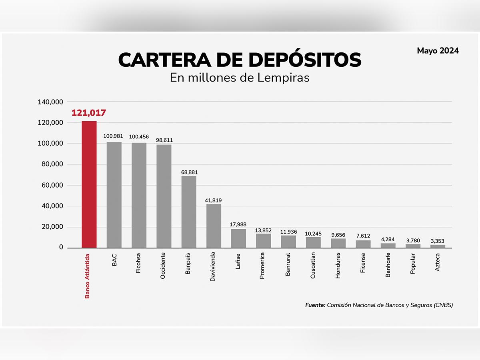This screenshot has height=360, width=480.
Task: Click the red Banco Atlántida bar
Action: [x=89, y=184]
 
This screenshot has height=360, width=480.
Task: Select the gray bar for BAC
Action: [x=114, y=195]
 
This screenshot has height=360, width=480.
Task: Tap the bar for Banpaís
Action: [x=189, y=212]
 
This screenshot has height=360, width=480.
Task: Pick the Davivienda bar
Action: [x=214, y=226]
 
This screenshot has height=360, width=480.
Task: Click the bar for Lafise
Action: [x=238, y=238]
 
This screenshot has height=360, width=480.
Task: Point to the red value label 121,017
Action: [x=89, y=113]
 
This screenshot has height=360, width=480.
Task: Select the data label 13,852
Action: [x=264, y=230]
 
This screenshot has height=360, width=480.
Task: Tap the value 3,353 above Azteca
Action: [x=438, y=241]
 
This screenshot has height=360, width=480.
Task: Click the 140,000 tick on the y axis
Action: [x=50, y=102]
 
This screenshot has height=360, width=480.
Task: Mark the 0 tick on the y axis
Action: [x=61, y=248]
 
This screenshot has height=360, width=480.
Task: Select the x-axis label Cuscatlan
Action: [x=313, y=266]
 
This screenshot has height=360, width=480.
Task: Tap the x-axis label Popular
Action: [x=413, y=263]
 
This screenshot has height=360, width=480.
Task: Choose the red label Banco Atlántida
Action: [x=87, y=276]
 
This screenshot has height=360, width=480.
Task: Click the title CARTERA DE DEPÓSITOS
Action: [x=240, y=60]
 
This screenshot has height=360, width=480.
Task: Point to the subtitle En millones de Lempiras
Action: [x=240, y=77]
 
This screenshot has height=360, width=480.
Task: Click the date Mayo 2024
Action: [x=438, y=51]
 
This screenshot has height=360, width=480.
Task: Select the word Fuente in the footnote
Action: [x=315, y=305]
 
